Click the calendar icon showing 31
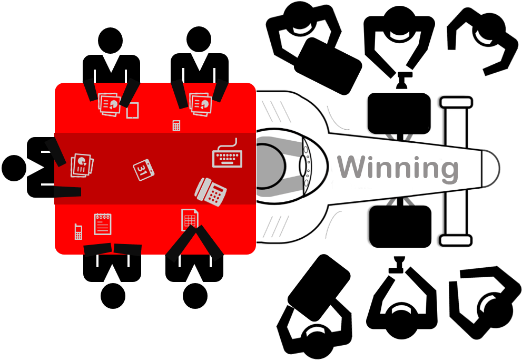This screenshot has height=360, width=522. [x=143, y=170]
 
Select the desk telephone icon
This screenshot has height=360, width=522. [x=210, y=192]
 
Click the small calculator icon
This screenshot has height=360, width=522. [x=176, y=125]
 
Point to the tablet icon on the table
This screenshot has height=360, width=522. [x=133, y=111]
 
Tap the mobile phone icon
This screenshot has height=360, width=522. [x=78, y=231]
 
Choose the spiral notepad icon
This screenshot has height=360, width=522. [x=103, y=224]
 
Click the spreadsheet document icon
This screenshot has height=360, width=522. [x=190, y=220]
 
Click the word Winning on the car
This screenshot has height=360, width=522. [x=398, y=168]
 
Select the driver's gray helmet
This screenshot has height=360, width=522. [x=270, y=166]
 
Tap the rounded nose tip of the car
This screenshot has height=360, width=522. [x=491, y=169]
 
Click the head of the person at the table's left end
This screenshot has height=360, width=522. [x=14, y=168]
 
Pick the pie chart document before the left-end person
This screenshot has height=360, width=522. [x=82, y=165]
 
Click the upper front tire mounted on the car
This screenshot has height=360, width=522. [x=399, y=113]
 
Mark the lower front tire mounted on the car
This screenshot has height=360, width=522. [x=400, y=227]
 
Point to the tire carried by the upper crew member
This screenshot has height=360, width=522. [x=328, y=65]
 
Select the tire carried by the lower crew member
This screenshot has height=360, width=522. [x=319, y=287]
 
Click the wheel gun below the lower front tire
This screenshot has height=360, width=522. [x=399, y=265]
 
